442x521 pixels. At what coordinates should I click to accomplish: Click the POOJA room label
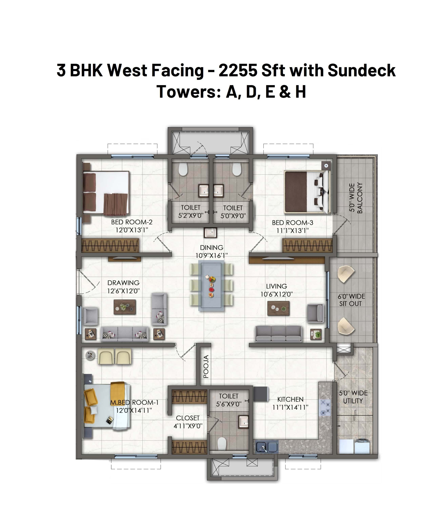206,366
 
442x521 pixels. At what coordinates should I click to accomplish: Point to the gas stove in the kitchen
325,407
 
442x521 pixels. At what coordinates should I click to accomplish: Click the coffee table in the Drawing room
125,307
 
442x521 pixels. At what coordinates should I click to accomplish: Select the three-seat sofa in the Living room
278,334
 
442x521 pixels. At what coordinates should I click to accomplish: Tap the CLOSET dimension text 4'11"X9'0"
188,426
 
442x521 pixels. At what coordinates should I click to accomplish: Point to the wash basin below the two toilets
210,233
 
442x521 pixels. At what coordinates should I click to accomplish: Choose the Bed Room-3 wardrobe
307,245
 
